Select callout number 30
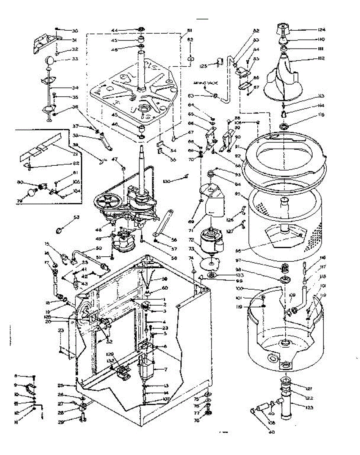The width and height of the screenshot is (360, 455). click(x=74, y=30)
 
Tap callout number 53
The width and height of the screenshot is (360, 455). click(x=77, y=217)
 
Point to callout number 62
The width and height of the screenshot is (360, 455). click(x=190, y=39)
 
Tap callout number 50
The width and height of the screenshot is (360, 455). click(x=99, y=248)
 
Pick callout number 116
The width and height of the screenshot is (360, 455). click(x=322, y=258)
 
